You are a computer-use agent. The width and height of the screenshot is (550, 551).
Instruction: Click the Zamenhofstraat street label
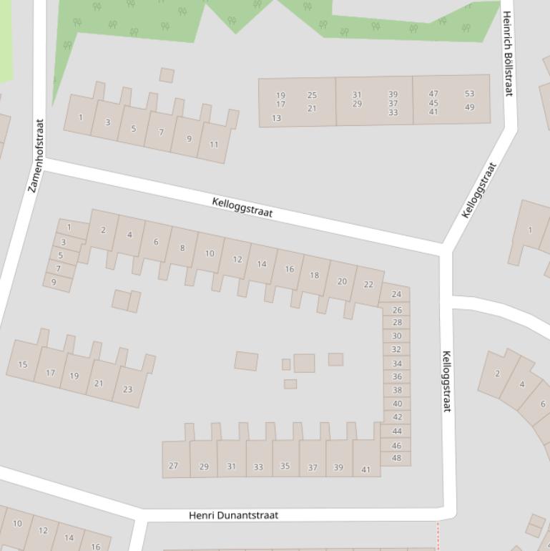tap(36, 155)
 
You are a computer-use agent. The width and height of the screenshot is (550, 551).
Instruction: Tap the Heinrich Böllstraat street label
tap(508, 54)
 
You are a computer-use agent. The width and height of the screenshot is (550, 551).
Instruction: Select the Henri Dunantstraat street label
tap(233, 515)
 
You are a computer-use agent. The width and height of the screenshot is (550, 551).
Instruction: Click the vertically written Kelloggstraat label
tap(446, 381)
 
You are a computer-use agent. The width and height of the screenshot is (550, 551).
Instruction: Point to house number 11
tap(214, 145)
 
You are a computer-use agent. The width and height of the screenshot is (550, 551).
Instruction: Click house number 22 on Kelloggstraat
tap(368, 284)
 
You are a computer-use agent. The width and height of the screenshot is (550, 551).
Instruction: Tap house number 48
tap(396, 458)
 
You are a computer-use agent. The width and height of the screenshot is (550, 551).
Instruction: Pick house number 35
tap(285, 466)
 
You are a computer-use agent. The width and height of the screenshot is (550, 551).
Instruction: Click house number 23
tap(127, 389)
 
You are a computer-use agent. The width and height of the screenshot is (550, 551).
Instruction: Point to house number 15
tap(23, 364)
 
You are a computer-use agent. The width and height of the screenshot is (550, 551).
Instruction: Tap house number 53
tap(469, 94)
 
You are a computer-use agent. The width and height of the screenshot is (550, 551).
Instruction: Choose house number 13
tap(277, 118)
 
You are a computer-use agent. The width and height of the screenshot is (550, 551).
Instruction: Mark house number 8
tap(182, 248)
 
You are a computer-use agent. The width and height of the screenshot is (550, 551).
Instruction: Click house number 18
tap(314, 275)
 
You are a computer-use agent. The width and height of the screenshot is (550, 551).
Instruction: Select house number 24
tap(396, 293)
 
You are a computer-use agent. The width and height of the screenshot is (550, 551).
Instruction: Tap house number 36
tap(396, 376)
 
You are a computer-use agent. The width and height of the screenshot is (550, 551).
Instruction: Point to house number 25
tap(312, 95)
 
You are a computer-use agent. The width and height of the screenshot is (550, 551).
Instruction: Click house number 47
tap(433, 94)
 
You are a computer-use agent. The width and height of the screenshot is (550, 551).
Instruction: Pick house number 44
tap(396, 431)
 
